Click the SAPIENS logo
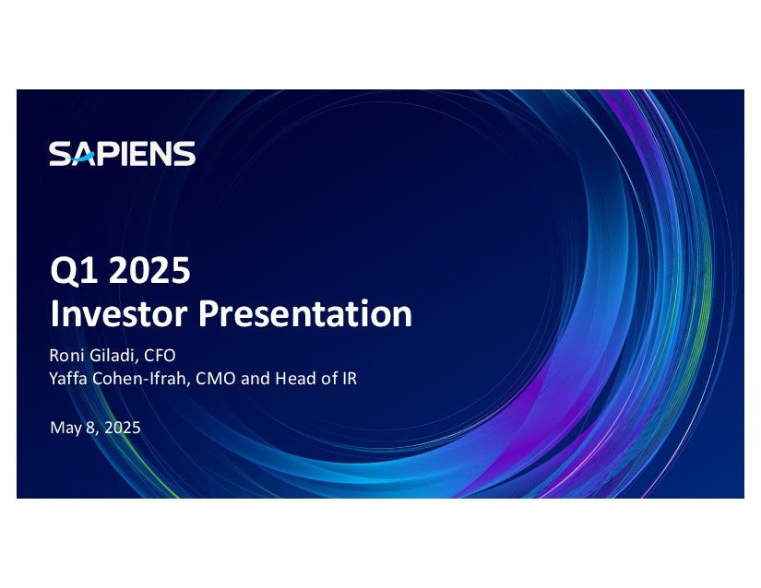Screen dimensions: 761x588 tap(123, 154)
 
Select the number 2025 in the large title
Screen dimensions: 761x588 tap(149, 270)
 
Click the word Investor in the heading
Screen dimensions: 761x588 tap(119, 313)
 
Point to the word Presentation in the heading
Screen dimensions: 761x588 tap(305, 313)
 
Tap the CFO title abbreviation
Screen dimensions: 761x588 tap(160, 356)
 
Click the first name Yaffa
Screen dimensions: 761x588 tap(68, 378)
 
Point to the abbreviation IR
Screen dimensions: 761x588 tap(350, 378)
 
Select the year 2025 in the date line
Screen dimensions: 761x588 tap(123, 428)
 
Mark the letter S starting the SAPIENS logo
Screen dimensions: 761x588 tap(60, 154)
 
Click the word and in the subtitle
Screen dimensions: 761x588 tap(256, 378)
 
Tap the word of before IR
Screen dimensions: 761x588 tap(329, 378)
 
